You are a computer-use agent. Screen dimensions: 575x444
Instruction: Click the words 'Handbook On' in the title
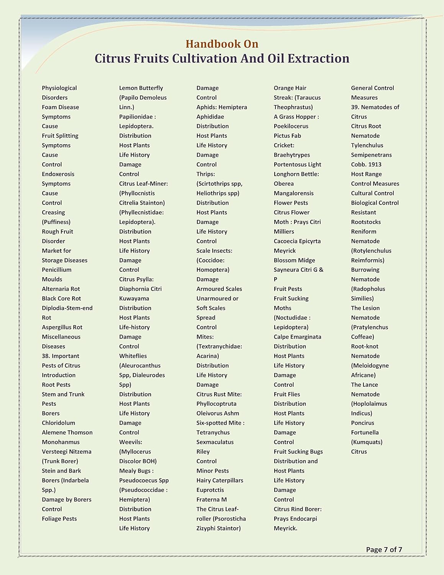coord(222,44)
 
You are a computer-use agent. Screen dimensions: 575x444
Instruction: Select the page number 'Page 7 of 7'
coord(384,549)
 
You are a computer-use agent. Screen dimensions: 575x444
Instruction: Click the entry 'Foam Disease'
coord(60,107)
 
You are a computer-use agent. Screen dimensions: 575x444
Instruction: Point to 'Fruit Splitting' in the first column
coord(60,136)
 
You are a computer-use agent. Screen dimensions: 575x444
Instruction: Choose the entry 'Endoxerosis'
coord(58,174)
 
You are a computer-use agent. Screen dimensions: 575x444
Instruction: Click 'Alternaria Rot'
coord(61,289)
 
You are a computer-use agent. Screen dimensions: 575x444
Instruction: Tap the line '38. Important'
coord(61,356)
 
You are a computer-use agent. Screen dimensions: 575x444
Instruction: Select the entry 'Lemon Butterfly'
coord(141,88)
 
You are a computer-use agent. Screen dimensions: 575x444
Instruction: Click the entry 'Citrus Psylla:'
coord(136,279)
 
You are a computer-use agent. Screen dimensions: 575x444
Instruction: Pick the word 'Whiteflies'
coord(133,356)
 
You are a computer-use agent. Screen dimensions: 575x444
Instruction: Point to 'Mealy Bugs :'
coord(136,471)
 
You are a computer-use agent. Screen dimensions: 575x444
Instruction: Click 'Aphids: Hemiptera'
coord(221,107)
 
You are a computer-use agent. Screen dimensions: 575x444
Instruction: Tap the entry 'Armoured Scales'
coord(219,289)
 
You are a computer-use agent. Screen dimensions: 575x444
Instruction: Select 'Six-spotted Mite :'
coord(220,423)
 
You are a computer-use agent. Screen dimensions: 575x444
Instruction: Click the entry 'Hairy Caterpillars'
coord(220,480)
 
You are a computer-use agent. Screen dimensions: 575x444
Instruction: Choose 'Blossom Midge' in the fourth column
coord(294,260)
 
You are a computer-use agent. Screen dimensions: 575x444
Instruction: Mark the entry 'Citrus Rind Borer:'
coord(297,509)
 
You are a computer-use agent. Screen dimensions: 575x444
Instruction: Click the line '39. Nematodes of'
coord(375,107)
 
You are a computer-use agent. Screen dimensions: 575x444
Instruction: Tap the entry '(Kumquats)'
coord(366,442)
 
